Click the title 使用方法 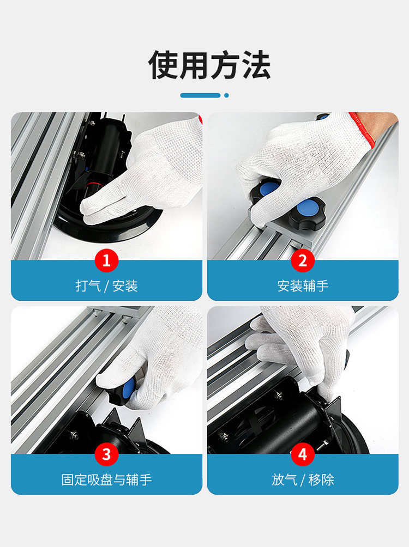(209, 65)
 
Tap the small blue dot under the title (227, 95)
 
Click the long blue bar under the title (201, 95)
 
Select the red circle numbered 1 (106, 260)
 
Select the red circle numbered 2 (303, 260)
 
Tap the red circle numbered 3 (106, 454)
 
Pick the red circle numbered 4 (303, 454)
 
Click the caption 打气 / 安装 (106, 286)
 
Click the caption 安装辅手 (303, 286)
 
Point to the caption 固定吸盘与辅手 (106, 479)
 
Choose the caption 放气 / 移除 (303, 479)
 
